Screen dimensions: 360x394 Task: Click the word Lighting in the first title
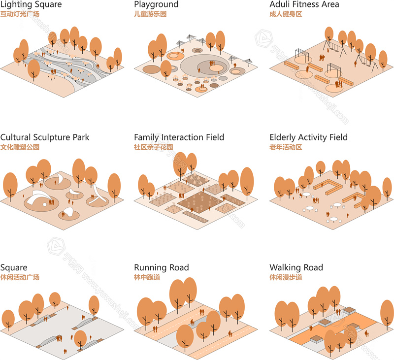click(17, 4)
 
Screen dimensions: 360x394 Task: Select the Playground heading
click(156, 4)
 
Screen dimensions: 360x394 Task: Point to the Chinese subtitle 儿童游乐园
click(150, 14)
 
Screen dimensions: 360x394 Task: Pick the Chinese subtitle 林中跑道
click(147, 278)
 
